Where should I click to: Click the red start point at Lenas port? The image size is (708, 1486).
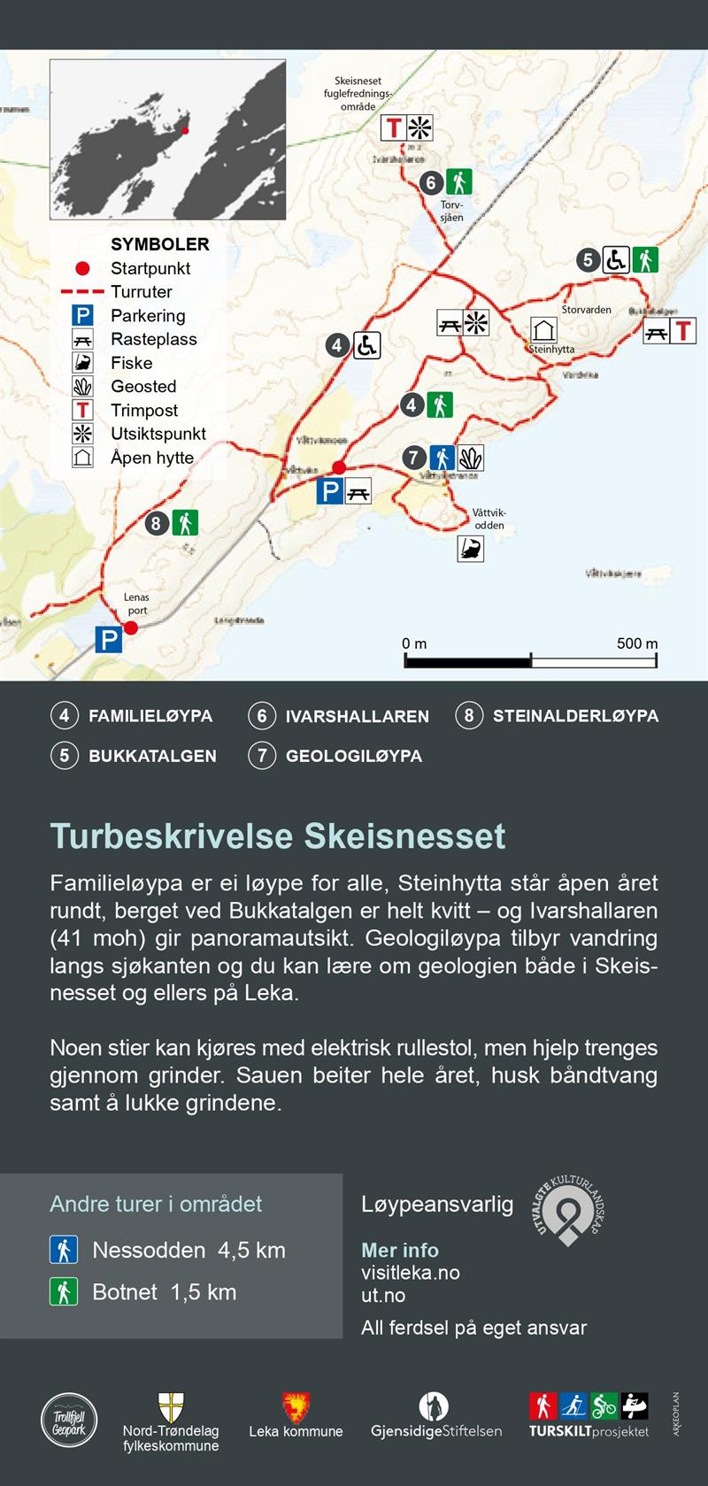[131, 628]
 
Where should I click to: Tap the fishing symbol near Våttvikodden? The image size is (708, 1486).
[471, 549]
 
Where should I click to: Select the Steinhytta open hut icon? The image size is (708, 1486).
[543, 330]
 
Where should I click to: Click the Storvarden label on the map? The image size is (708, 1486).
[586, 310]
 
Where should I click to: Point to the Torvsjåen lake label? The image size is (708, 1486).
[451, 211]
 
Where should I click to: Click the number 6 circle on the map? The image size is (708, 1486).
[431, 183]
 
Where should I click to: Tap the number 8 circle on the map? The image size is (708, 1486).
[157, 523]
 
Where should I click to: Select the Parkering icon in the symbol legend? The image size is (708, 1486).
[82, 316]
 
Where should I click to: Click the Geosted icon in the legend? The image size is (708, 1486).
[82, 387]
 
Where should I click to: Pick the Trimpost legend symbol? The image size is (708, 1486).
[82, 411]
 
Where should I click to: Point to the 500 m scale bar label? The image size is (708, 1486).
[636, 643]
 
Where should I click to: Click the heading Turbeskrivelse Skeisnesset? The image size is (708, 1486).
[277, 836]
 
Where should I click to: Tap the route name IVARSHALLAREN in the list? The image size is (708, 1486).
[357, 716]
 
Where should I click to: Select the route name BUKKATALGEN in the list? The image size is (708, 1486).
[152, 756]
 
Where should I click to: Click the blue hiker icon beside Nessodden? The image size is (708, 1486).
[64, 1250]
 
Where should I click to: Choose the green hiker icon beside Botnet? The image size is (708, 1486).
[64, 1291]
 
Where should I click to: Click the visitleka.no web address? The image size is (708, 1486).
[410, 1273]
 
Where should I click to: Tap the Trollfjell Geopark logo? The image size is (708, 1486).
[69, 1421]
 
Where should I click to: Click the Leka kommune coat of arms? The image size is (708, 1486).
[296, 1407]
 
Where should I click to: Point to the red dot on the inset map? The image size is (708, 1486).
[185, 131]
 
